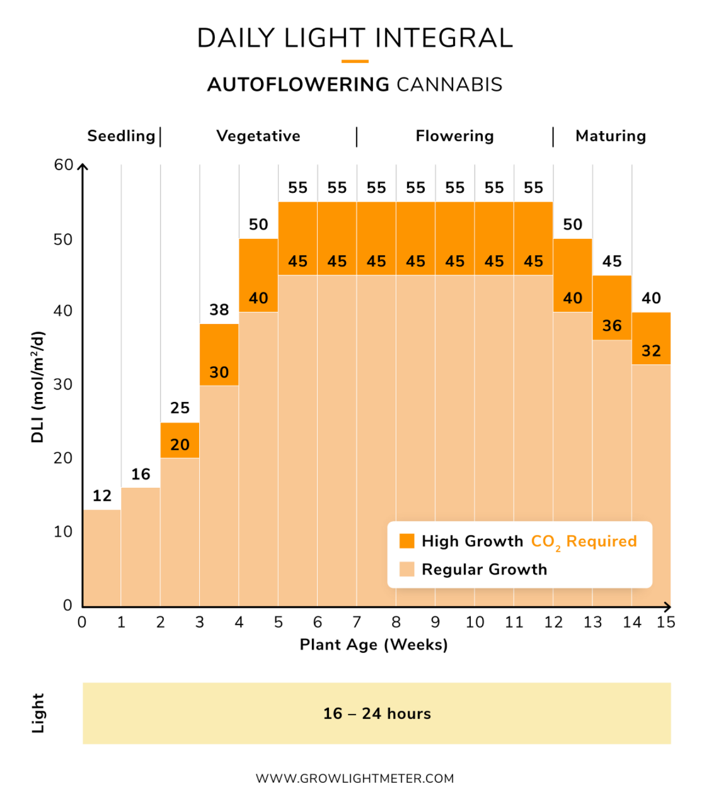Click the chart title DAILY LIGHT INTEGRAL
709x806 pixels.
tap(355, 38)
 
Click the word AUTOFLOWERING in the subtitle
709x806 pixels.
tap(298, 84)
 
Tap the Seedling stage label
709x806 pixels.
tap(121, 136)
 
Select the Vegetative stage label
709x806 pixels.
tap(258, 136)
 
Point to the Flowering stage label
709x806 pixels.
tap(454, 136)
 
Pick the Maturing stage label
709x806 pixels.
tap(611, 136)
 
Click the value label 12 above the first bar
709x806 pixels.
tap(101, 496)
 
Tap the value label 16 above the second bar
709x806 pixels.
tap(141, 474)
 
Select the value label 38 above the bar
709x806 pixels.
tap(219, 309)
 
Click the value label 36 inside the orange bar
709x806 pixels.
tap(612, 326)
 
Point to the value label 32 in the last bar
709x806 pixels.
tap(651, 351)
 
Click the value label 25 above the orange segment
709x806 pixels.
tap(180, 408)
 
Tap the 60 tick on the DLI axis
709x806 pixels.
tap(64, 165)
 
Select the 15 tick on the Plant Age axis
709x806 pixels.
tap(666, 623)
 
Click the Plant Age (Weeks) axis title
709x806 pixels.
tap(374, 645)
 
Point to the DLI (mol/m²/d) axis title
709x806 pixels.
tap(38, 386)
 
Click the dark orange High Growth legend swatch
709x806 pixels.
tap(407, 541)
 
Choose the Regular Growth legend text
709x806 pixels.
tap(484, 570)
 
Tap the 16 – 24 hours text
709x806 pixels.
tap(377, 713)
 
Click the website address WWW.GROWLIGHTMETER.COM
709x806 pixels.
tap(355, 778)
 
